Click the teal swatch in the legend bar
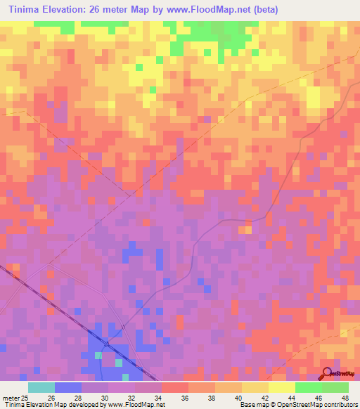point(41,387)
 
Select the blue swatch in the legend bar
point(67,387)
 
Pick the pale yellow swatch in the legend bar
point(281,387)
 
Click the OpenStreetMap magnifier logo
point(326,374)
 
